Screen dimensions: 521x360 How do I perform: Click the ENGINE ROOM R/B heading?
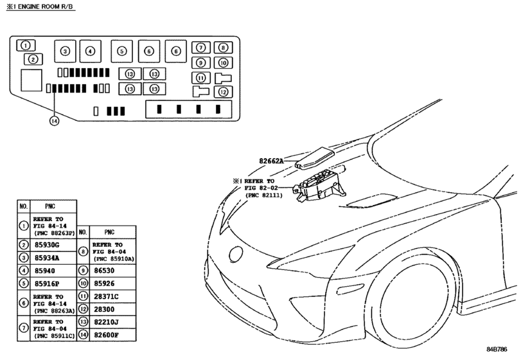point(40,6)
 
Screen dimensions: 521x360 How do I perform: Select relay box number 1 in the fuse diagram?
point(26,45)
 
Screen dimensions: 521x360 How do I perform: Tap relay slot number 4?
point(90,51)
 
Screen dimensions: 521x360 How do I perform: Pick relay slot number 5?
point(121,51)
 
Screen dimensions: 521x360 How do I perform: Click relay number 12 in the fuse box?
point(223,92)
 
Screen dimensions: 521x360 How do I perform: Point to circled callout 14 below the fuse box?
point(54,121)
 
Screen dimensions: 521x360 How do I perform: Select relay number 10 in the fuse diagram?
point(223,63)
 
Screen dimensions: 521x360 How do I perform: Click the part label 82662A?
point(272,161)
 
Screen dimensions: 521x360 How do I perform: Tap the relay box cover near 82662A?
point(315,158)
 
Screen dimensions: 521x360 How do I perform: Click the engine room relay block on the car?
point(319,186)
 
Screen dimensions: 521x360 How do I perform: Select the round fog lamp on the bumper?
point(236,255)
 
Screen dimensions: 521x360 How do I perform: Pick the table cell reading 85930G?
point(47,246)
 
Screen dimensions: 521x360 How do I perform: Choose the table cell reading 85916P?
point(47,284)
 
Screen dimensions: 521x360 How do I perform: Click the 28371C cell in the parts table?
point(107,296)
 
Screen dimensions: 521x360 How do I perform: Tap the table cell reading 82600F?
point(107,335)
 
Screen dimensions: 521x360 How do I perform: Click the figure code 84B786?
point(497,349)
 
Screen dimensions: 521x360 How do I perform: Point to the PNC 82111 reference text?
point(264,195)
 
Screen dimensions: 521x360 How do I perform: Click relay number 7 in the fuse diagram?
point(200,48)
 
